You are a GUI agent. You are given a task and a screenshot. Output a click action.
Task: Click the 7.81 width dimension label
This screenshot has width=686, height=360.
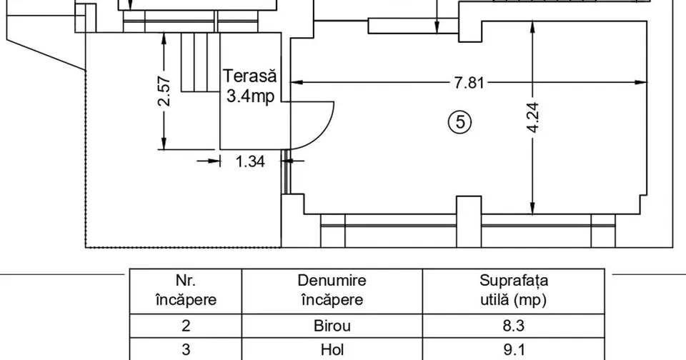(469, 82)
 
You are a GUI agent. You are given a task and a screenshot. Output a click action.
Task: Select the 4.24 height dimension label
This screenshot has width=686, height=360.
(533, 118)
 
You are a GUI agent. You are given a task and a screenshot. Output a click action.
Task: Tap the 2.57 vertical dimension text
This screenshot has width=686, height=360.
(164, 91)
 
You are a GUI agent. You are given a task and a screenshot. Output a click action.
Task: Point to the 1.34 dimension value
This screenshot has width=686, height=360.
(250, 161)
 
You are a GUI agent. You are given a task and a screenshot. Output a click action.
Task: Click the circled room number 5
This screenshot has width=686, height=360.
(459, 122)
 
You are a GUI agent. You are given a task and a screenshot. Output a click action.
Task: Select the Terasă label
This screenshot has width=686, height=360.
(250, 76)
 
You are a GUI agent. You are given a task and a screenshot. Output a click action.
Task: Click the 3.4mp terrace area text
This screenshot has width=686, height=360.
(251, 96)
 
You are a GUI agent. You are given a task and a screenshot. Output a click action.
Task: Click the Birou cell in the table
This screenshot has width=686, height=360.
(332, 326)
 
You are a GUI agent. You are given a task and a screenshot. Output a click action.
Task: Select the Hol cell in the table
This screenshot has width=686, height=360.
(332, 349)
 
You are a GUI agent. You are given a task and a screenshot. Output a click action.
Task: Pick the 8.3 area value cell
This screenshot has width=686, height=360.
(514, 326)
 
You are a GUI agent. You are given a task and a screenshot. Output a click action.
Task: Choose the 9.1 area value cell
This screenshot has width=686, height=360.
(514, 349)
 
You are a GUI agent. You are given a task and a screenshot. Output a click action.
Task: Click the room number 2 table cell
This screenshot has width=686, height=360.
(186, 326)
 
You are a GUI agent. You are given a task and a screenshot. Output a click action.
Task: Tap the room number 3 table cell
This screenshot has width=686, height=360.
(186, 349)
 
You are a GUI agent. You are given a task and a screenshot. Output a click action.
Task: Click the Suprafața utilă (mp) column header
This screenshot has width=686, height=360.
(514, 290)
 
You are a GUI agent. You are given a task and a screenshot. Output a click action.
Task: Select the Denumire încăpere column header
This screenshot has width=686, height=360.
(332, 290)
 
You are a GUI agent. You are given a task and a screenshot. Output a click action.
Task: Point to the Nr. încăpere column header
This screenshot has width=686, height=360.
(186, 290)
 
